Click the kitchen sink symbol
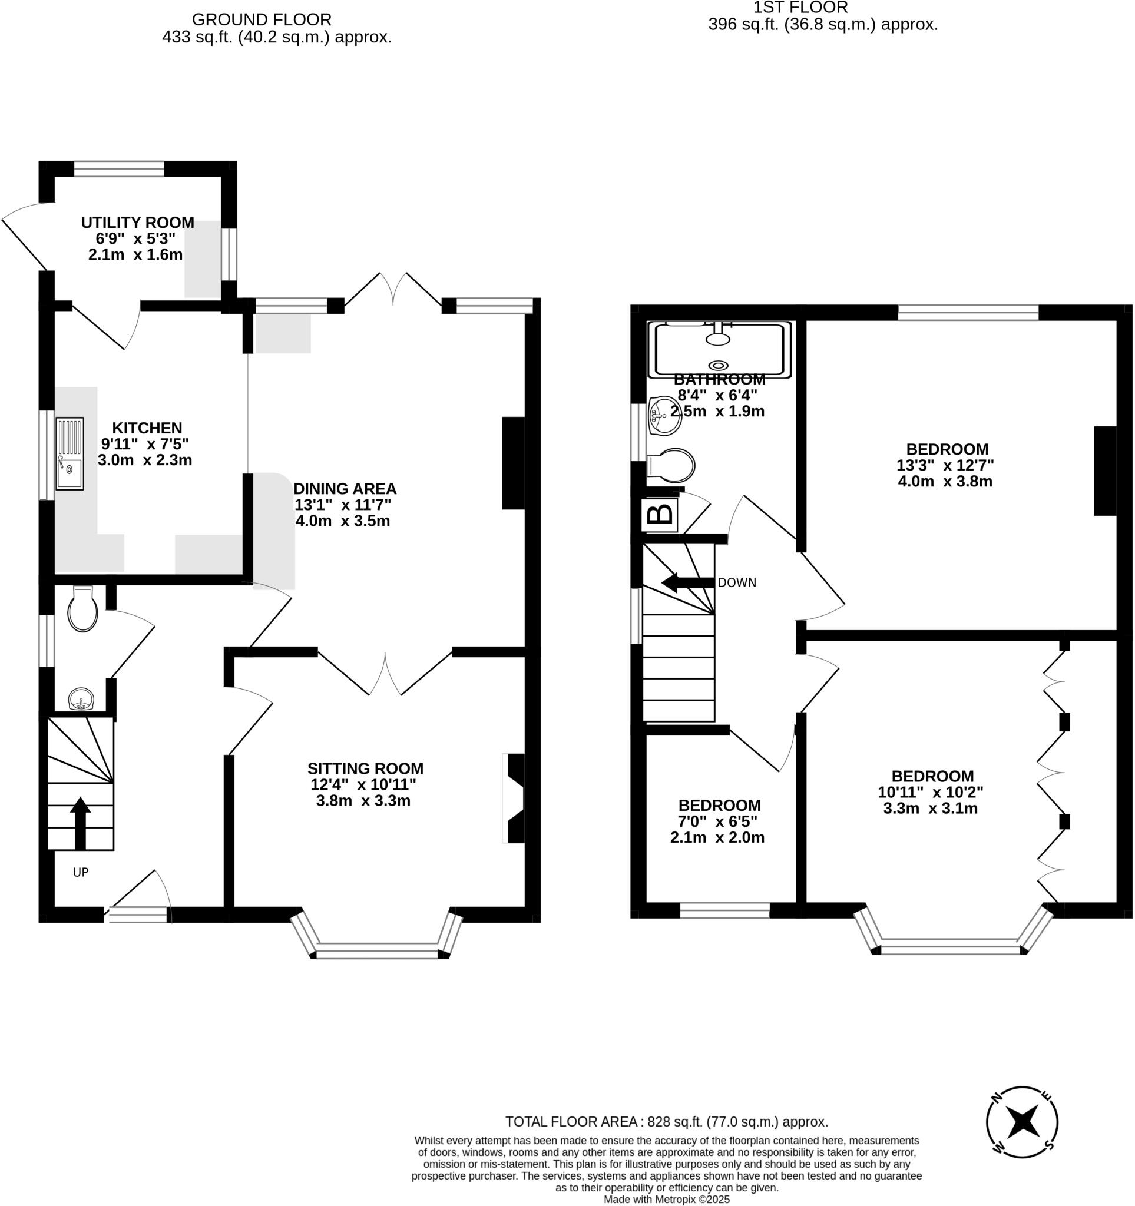[x=70, y=453]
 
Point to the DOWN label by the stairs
[x=736, y=583]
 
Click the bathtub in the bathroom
[x=719, y=349]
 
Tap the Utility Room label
[x=138, y=223]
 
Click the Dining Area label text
[x=345, y=488]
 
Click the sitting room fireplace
[x=514, y=799]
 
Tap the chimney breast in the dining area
[x=513, y=463]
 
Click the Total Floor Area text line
[x=667, y=1122]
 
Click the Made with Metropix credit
[x=667, y=1200]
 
